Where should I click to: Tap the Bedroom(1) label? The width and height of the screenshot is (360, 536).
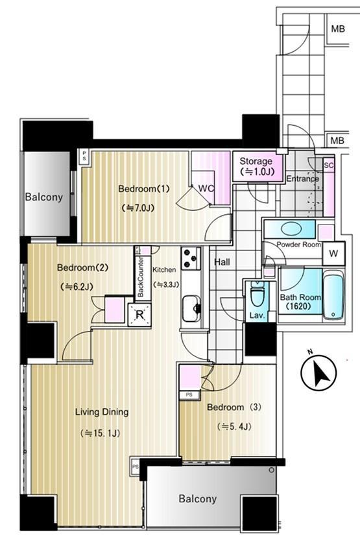(x=144, y=189)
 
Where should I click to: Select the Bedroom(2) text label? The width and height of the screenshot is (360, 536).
(x=82, y=267)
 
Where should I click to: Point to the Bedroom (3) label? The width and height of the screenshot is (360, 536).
(x=234, y=407)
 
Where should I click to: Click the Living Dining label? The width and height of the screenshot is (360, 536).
(x=102, y=412)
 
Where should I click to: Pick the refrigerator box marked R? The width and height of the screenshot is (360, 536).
(x=139, y=315)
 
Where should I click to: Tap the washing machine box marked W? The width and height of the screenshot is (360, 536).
(x=333, y=254)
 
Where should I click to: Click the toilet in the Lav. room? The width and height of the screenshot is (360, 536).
(x=258, y=293)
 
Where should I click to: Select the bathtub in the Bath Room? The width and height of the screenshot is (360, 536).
(x=333, y=295)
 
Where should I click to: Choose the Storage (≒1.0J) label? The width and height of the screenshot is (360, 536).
(x=257, y=166)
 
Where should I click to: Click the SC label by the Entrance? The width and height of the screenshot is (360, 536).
(x=329, y=165)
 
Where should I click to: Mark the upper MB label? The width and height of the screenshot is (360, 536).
(x=338, y=29)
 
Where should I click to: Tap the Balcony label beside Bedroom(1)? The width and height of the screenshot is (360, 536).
(x=44, y=197)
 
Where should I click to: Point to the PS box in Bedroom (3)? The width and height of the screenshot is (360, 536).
(x=189, y=395)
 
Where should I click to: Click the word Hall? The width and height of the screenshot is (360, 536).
(x=222, y=262)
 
